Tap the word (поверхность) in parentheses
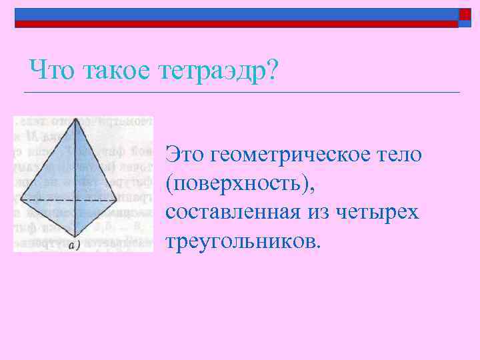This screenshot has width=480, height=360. (x=241, y=183)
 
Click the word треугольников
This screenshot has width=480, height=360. (x=243, y=240)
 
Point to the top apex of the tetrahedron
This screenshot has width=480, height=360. (x=77, y=120)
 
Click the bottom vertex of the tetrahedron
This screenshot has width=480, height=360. (x=78, y=237)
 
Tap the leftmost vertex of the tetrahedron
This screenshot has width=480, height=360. (x=21, y=199)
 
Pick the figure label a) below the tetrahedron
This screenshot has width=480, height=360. (x=74, y=245)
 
